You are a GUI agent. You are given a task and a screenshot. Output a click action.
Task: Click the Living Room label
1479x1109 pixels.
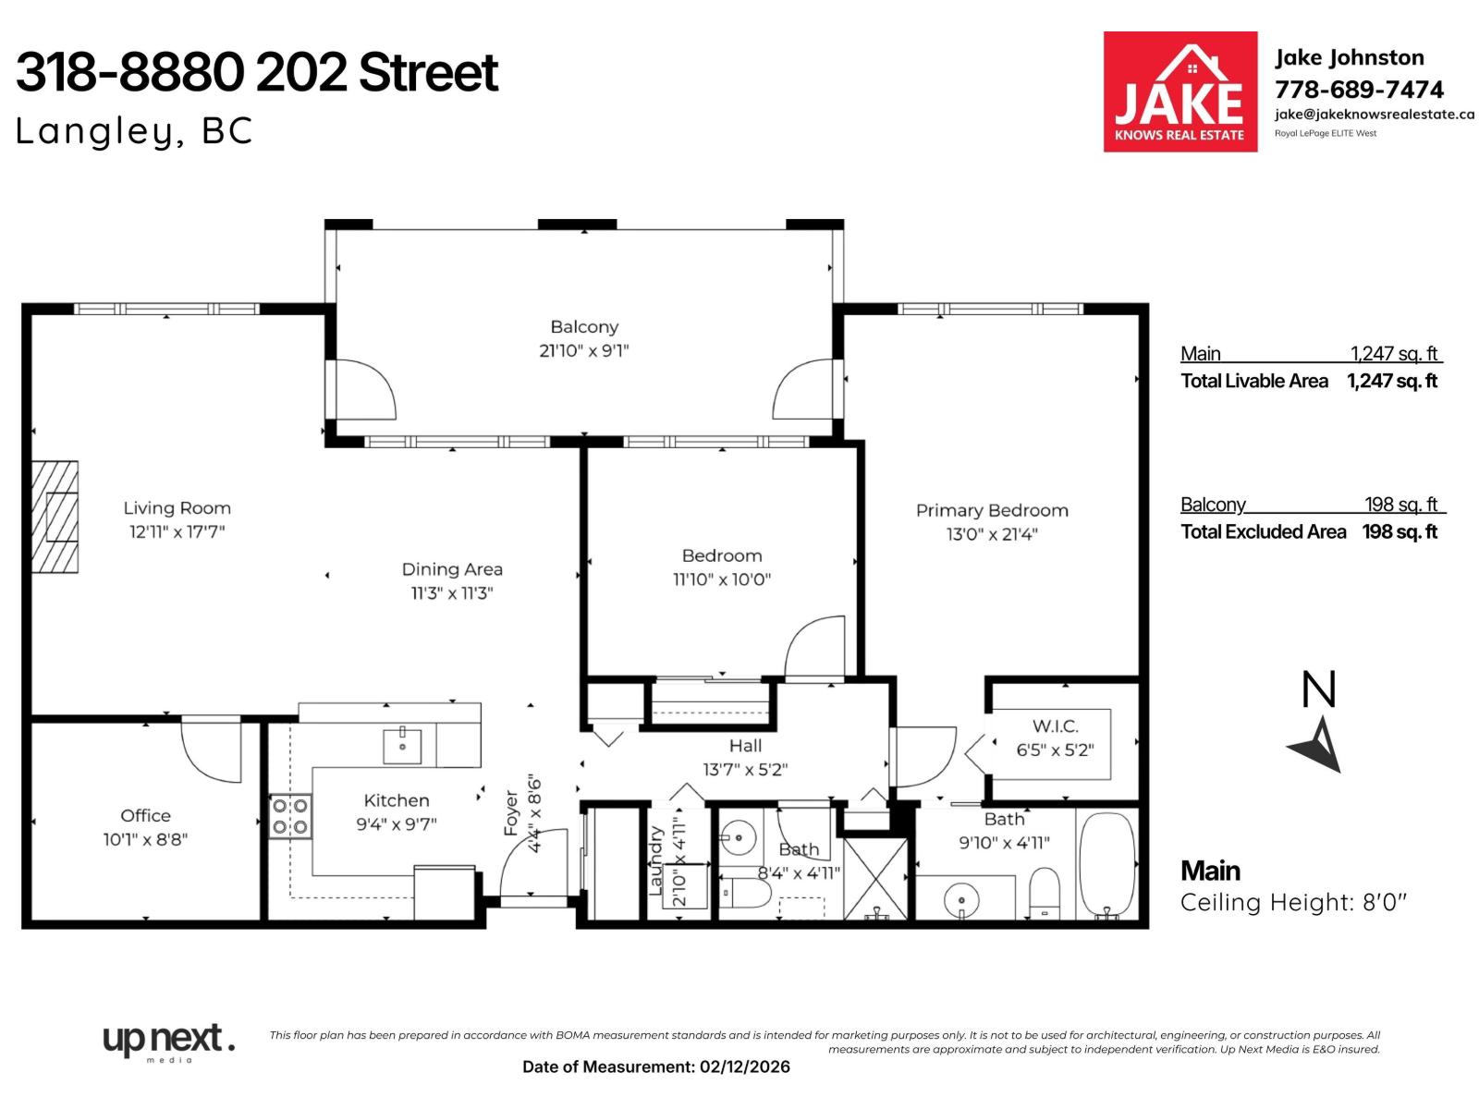click(x=177, y=507)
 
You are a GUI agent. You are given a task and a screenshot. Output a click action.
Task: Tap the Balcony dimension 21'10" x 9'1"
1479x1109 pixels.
click(x=583, y=350)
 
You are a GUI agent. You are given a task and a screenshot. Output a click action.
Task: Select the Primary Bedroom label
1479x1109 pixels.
click(x=991, y=510)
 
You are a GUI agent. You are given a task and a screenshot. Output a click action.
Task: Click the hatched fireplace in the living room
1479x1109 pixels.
click(x=55, y=518)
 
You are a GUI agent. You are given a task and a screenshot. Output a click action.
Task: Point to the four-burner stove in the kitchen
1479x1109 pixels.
click(x=289, y=816)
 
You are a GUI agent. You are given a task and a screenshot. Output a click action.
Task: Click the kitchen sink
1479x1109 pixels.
click(x=402, y=746)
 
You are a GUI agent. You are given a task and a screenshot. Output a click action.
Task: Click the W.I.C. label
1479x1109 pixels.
click(x=1055, y=726)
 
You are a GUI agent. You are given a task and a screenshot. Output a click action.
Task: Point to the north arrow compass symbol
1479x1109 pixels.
click(x=1316, y=746)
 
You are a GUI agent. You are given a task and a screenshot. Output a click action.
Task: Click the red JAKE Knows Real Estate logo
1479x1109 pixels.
click(x=1180, y=91)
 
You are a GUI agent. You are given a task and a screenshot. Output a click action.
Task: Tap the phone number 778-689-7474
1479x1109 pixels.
click(x=1359, y=90)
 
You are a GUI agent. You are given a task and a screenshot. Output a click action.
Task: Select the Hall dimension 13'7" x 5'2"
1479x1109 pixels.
click(x=745, y=769)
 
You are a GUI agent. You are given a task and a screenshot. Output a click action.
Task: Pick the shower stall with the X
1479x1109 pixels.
click(x=875, y=878)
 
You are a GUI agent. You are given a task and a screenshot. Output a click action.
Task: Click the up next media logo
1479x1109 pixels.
click(x=168, y=1042)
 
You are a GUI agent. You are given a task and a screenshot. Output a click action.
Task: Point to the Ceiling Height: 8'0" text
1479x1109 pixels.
click(x=1292, y=902)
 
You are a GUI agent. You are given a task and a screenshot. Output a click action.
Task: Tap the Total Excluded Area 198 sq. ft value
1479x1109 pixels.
click(x=1400, y=531)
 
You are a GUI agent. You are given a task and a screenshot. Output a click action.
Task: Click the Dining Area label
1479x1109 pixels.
click(x=452, y=569)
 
